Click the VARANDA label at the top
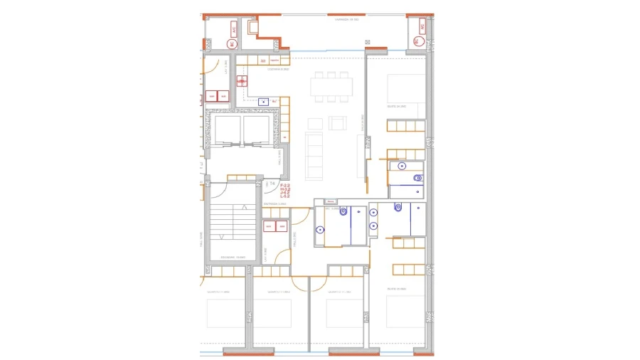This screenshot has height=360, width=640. (x=347, y=20)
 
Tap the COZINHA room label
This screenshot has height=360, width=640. (x=277, y=70)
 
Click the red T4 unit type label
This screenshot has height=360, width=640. (x=272, y=184)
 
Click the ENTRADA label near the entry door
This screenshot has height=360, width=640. (x=274, y=205)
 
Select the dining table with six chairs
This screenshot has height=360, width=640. (x=331, y=87)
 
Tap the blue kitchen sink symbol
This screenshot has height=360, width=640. (x=263, y=101)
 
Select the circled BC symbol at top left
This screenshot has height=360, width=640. (x=232, y=43)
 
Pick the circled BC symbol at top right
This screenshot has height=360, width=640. (x=417, y=41)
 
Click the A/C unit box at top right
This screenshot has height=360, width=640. (x=422, y=26)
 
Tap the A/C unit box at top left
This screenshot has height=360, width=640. (x=234, y=28)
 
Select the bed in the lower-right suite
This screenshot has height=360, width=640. (x=405, y=311)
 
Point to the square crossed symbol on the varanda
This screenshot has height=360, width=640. (x=367, y=43)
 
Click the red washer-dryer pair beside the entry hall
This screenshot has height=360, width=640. (x=275, y=227)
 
